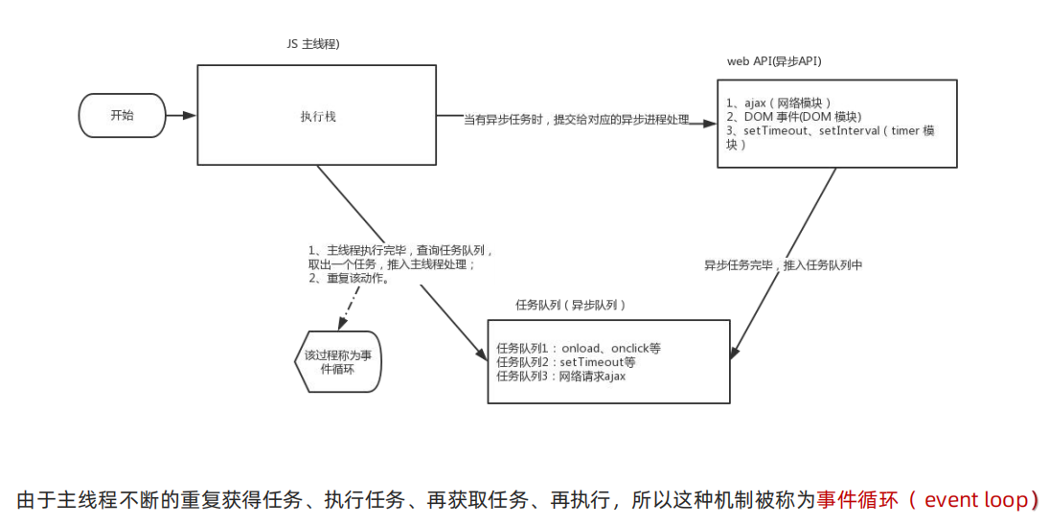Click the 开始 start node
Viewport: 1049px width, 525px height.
pos(122,115)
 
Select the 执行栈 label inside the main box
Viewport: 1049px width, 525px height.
pos(317,116)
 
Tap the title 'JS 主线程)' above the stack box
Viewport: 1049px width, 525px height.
pos(313,45)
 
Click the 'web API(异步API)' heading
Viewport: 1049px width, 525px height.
pos(774,61)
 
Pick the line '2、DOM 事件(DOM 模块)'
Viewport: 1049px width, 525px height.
pos(787,117)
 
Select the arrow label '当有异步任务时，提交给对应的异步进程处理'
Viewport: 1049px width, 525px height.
pos(577,120)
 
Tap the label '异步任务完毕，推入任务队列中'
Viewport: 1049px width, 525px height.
pos(783,265)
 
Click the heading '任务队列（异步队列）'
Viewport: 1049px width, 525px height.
pos(571,305)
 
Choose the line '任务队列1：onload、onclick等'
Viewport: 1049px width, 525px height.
pos(579,348)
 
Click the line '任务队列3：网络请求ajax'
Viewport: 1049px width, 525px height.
pos(560,377)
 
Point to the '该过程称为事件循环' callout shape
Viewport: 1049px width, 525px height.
pos(337,362)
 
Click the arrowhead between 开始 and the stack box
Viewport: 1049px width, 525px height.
pos(189,116)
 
